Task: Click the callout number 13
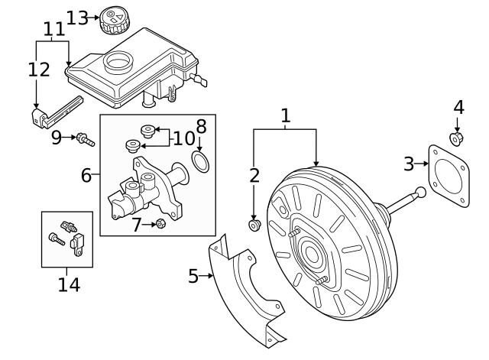(x=77, y=17)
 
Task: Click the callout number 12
(x=38, y=70)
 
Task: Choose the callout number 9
(x=56, y=138)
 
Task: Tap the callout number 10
(x=184, y=138)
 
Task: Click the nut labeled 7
(x=160, y=223)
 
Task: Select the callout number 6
(x=87, y=176)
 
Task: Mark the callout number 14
(x=68, y=285)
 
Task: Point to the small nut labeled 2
(x=255, y=225)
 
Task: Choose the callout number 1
(x=285, y=116)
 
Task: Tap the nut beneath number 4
(x=457, y=138)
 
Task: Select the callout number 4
(x=458, y=106)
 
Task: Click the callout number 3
(x=410, y=163)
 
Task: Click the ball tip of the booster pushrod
(x=419, y=193)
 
